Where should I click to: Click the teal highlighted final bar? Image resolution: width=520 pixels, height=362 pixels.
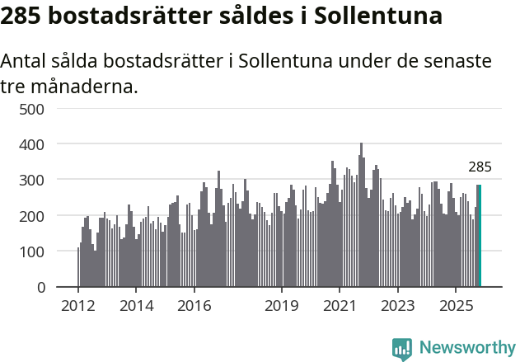click(479, 236)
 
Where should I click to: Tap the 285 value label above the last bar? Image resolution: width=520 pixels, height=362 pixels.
click(480, 167)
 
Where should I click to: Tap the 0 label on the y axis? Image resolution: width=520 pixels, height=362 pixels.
click(51, 288)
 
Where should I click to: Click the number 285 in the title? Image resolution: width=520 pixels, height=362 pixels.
click(22, 16)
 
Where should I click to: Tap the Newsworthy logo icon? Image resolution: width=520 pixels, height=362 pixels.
click(402, 348)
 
